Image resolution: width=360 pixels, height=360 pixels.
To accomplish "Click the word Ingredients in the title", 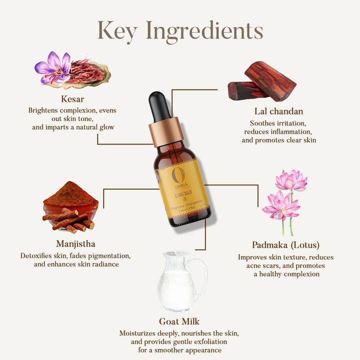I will (x=209, y=31).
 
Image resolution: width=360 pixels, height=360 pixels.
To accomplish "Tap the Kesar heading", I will (x=71, y=98).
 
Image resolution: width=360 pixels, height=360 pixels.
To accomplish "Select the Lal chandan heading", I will (x=278, y=110).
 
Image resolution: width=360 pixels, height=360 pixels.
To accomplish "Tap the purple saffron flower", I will (x=52, y=67).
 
